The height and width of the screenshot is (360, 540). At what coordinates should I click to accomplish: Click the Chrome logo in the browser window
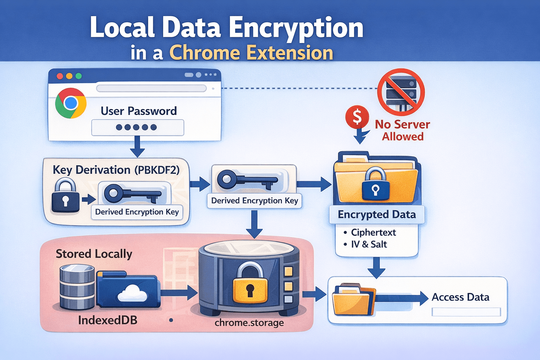[x=71, y=103]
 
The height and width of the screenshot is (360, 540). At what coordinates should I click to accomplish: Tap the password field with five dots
[x=137, y=127]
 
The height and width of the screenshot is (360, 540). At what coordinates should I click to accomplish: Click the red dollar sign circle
[x=357, y=117]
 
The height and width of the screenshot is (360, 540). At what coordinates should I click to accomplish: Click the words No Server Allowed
[x=403, y=130]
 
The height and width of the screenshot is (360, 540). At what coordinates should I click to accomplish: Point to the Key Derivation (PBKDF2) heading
[x=116, y=170]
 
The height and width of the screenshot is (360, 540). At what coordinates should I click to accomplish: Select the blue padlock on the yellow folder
[x=375, y=185]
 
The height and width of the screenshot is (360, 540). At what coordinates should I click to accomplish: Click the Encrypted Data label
[x=377, y=214]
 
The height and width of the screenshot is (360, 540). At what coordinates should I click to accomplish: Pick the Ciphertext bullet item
[x=373, y=232]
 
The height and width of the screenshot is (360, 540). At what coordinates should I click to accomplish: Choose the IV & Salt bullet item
[x=369, y=244]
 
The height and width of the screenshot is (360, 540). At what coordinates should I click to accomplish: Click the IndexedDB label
[x=108, y=320]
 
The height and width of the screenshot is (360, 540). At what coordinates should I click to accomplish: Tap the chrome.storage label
[x=249, y=322]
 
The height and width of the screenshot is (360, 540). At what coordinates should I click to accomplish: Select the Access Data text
[x=460, y=297]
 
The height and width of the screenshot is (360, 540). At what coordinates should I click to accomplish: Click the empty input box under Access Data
[x=466, y=312]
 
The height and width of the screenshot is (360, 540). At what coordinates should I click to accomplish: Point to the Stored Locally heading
[x=94, y=254]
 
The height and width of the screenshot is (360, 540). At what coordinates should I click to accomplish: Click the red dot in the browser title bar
[x=60, y=76]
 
